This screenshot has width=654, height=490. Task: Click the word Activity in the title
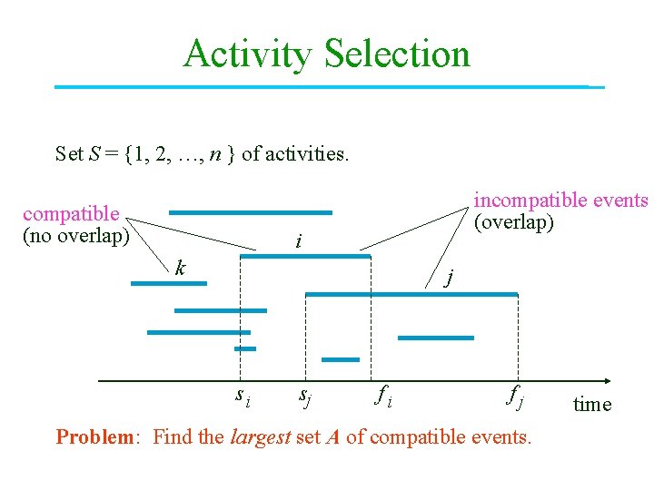(246, 54)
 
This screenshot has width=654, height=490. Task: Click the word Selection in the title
(397, 54)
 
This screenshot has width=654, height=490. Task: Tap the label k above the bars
(181, 268)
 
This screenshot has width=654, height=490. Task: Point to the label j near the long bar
(449, 276)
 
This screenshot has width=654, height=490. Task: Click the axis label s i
(243, 395)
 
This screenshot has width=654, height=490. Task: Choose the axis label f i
(382, 395)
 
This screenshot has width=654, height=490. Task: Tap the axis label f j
(515, 395)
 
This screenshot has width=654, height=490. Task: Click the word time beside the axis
(592, 405)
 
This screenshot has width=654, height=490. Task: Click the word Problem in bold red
(94, 437)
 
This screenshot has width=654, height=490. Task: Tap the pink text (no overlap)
(75, 236)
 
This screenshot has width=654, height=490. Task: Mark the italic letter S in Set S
(95, 153)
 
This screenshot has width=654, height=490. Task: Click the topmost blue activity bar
(250, 212)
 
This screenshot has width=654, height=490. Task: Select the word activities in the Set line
(305, 153)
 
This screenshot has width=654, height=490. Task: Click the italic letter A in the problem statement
(332, 437)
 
